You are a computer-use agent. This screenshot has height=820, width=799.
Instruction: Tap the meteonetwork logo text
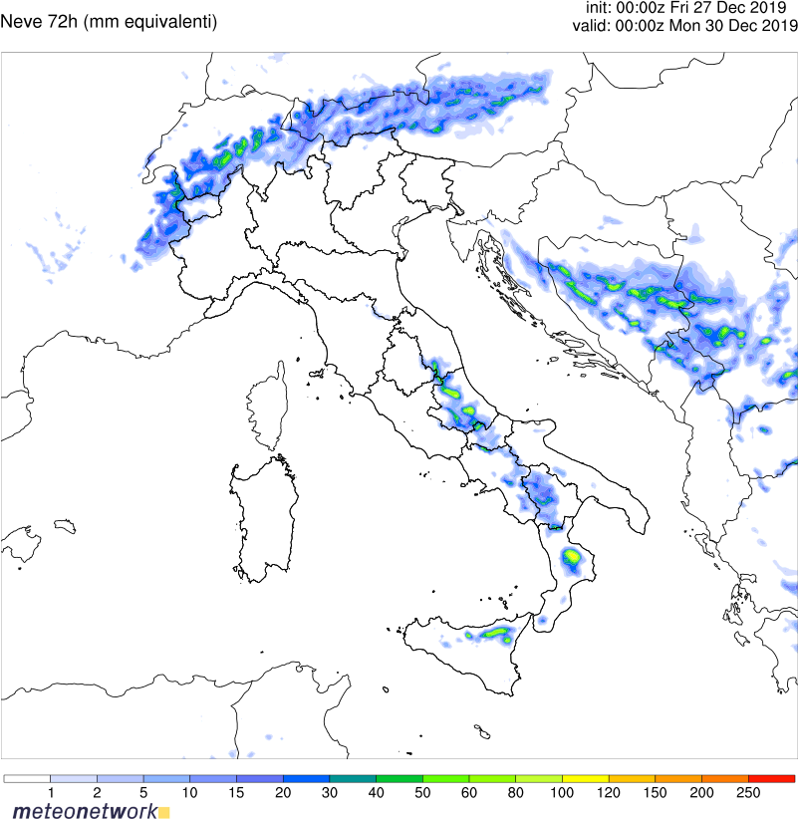click(x=84, y=811)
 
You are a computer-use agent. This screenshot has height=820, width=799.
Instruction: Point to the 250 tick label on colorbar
click(x=748, y=792)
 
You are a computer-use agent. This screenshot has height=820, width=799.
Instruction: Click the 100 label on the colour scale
click(x=562, y=792)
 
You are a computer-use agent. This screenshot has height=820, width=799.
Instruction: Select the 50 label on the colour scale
click(x=422, y=792)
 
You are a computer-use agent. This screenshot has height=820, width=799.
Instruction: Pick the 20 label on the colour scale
click(x=283, y=792)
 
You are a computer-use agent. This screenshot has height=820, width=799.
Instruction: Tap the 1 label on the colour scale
click(x=50, y=792)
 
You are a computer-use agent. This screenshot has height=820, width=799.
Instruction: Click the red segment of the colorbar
click(x=771, y=778)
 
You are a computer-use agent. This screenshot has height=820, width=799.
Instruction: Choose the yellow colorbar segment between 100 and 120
click(x=585, y=778)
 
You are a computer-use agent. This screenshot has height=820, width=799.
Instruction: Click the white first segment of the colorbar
click(x=27, y=778)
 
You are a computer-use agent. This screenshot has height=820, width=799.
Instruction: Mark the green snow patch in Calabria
click(x=572, y=556)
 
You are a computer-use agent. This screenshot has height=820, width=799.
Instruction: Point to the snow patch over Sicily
click(x=493, y=633)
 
